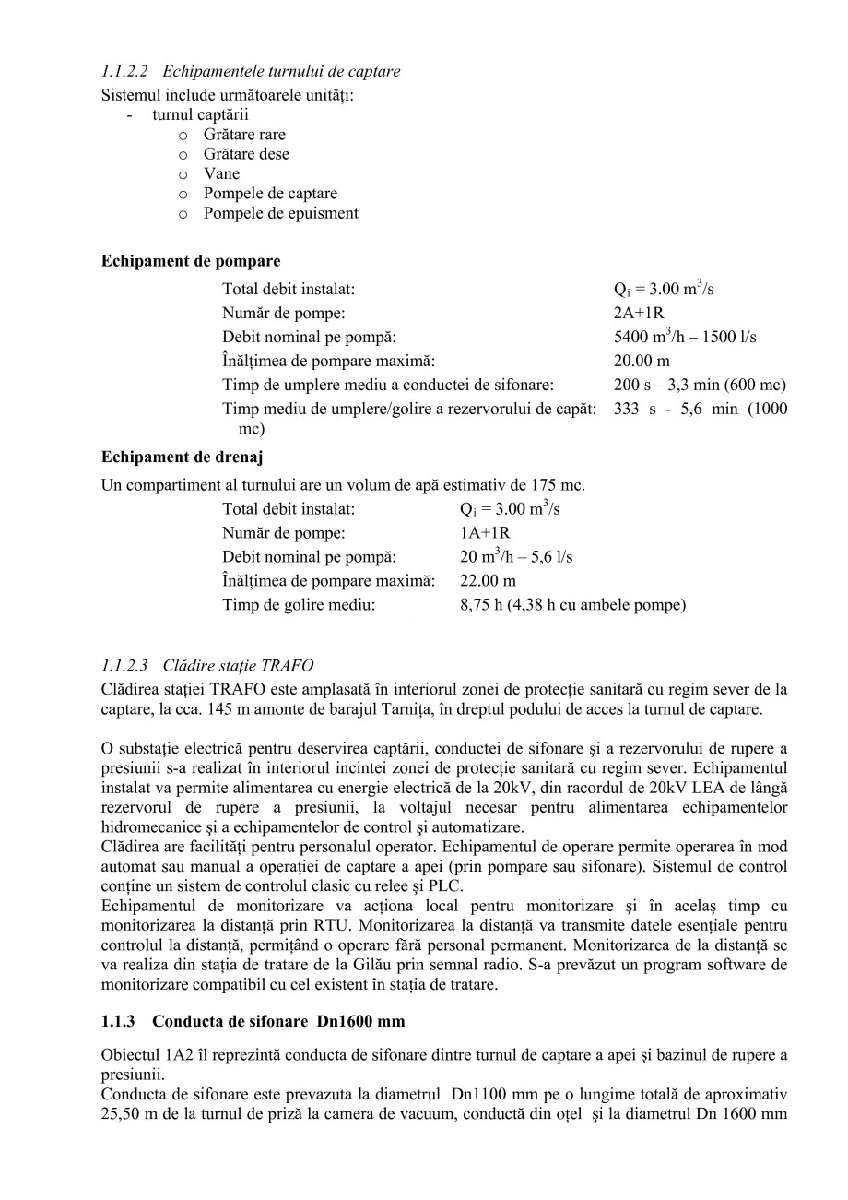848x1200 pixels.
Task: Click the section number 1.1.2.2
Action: point(124,71)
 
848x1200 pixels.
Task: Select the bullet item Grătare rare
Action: point(244,135)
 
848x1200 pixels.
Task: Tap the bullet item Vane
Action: point(221,173)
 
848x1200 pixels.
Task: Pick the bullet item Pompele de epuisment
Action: point(280,213)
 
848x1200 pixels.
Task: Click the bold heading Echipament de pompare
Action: point(191,261)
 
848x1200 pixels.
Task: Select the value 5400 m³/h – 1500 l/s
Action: point(685,337)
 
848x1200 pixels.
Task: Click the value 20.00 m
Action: point(642,361)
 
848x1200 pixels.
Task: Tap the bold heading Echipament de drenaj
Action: point(182,457)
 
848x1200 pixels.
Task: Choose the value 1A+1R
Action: point(485,533)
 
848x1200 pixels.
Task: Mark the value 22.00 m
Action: point(488,581)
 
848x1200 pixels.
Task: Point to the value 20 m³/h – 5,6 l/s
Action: point(515,557)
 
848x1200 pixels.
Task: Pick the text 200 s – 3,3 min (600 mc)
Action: point(700,385)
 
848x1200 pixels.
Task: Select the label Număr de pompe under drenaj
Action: point(284,533)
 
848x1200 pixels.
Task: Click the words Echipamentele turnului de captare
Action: point(281,71)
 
